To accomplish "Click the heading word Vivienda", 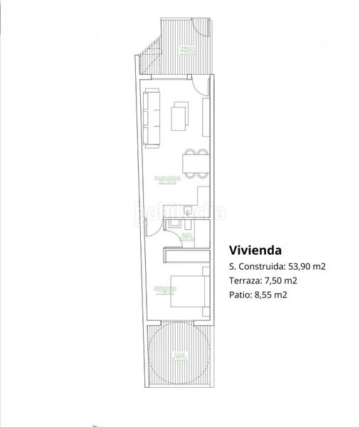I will (255, 251).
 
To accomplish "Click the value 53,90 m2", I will (305, 267).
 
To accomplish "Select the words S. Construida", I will (256, 267).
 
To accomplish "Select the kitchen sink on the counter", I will (186, 210).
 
